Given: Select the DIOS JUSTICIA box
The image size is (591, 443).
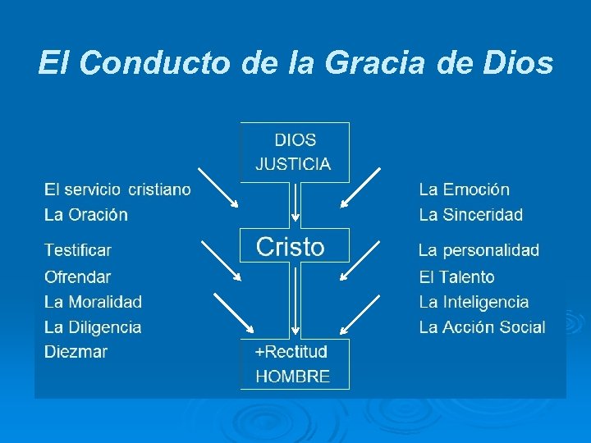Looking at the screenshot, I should click(294, 152).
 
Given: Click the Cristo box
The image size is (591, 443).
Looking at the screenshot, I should click(294, 246).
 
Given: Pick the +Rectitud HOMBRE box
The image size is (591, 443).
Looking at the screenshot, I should click(294, 363).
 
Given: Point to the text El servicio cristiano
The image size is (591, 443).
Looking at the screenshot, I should click(117, 190).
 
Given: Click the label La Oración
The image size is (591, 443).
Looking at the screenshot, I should click(86, 215).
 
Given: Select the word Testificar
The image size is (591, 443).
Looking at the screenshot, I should click(78, 250).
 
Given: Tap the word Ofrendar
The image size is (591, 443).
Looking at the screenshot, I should click(78, 277).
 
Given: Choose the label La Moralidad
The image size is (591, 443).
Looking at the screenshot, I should click(93, 302).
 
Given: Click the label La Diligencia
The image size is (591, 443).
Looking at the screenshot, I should click(93, 327).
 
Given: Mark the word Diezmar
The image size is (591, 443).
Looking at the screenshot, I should click(76, 352).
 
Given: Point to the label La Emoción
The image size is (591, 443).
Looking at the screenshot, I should click(464, 190).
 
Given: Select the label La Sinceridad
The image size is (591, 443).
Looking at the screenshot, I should click(470, 215).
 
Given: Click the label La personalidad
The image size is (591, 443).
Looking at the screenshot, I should click(479, 250).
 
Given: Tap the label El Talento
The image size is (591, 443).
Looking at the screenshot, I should click(456, 277).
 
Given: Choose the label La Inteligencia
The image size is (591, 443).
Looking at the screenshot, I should click(474, 302).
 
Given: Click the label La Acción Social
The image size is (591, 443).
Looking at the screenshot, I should click(482, 327).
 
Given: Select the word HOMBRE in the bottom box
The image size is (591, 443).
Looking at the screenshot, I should click(293, 377).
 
